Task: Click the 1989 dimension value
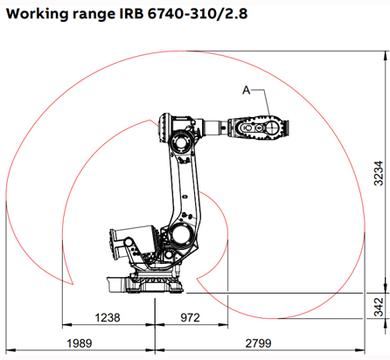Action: (76, 342)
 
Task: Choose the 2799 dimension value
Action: (259, 342)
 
